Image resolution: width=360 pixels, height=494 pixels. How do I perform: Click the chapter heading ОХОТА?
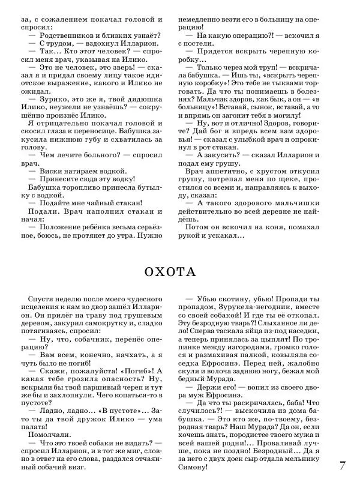(x=171, y=272)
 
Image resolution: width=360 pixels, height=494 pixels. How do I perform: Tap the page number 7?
(x=343, y=465)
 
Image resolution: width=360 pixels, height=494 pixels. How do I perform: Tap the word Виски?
(x=51, y=170)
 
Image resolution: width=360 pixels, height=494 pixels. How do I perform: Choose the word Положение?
(x=61, y=227)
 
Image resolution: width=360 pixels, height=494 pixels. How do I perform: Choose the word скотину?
(x=232, y=299)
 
